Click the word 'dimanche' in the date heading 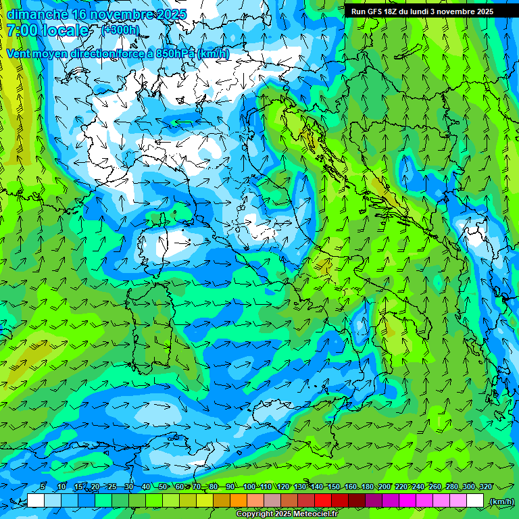(36, 14)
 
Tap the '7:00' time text (22, 30)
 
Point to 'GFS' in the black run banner (374, 11)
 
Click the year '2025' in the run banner (480, 11)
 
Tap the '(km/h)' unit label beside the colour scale (501, 501)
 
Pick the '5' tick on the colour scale (43, 487)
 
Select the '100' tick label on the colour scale (249, 487)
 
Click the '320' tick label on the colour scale (485, 487)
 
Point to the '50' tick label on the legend (163, 487)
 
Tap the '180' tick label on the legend (367, 487)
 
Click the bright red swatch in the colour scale (323, 501)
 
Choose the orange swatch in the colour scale (239, 501)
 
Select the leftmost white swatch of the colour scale (36, 501)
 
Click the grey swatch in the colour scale (272, 501)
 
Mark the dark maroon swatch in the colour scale (357, 501)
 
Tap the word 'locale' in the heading (65, 30)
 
